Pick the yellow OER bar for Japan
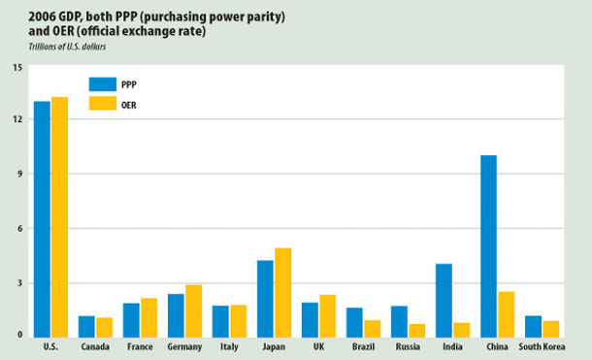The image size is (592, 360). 282,291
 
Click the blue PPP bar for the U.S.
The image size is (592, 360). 42,217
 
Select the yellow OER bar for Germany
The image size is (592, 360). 193,310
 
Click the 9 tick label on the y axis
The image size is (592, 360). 18,174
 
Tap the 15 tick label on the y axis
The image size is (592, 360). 16,67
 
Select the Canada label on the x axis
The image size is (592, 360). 94,346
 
